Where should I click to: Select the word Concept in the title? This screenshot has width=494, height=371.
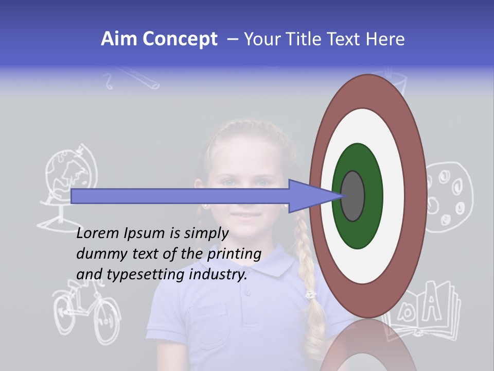(180, 39)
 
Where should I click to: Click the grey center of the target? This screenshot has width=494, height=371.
(353, 196)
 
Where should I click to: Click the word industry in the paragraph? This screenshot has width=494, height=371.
(218, 275)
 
